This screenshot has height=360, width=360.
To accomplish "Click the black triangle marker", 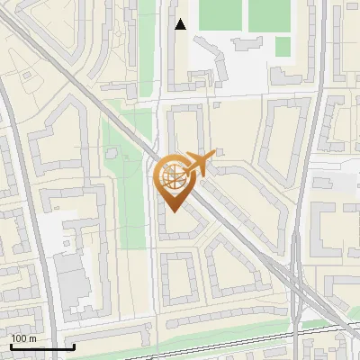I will coord(181,24).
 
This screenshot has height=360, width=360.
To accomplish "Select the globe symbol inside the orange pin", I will coord(172,176).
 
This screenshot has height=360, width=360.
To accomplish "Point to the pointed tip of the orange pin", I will coord(172,211).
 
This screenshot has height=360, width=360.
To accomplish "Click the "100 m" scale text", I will coord(23,338).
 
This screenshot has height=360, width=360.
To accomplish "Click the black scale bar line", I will coord(41,347).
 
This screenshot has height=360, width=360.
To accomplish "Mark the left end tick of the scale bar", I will coord(11,346).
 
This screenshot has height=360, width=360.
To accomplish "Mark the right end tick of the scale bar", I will coord(73,346).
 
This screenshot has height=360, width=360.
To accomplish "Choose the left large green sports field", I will coord(219,14).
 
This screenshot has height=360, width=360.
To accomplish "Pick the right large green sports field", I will coord(269,14).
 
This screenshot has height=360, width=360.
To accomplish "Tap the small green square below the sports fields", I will coord(283,46).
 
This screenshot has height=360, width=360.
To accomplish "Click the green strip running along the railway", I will coord(270,328).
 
